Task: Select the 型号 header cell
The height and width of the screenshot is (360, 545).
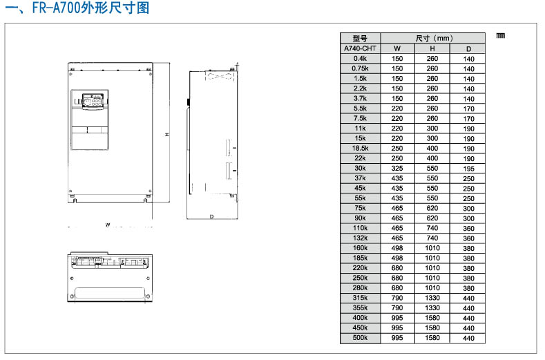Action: coord(360,39)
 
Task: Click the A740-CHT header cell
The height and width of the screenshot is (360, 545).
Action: coord(360,48)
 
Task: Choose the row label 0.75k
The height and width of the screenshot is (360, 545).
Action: coord(360,68)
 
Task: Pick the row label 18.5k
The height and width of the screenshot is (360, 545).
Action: coord(360,149)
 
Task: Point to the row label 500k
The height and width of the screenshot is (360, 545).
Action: coord(360,338)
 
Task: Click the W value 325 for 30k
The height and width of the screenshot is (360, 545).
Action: coord(397,169)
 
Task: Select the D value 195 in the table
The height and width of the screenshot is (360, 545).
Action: coord(468,169)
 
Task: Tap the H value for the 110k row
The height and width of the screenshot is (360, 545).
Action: coord(432,228)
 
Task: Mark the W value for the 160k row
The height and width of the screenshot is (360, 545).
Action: coord(397,248)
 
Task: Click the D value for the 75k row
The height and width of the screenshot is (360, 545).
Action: coord(468,208)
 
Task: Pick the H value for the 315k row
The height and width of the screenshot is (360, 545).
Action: coord(432,298)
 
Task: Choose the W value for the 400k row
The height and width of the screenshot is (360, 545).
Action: coord(397,318)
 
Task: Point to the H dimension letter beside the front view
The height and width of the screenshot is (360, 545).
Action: coord(166,135)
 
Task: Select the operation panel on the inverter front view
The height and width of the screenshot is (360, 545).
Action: coord(90,101)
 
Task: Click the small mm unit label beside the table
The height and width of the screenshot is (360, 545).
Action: coord(501,35)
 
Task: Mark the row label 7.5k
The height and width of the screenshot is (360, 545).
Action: coord(360,119)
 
